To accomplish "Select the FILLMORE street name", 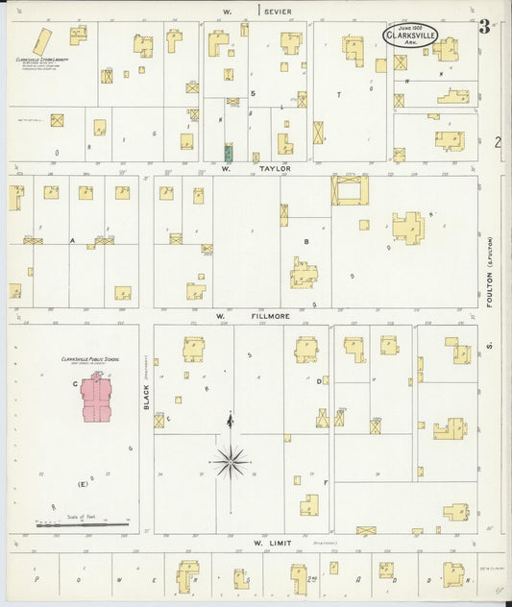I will (x=265, y=315).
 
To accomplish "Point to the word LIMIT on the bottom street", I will (x=277, y=543).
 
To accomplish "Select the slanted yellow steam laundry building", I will (x=43, y=41).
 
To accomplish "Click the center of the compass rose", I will (x=231, y=463).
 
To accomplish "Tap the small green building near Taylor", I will (x=229, y=152).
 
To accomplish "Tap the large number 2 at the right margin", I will (x=498, y=143).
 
